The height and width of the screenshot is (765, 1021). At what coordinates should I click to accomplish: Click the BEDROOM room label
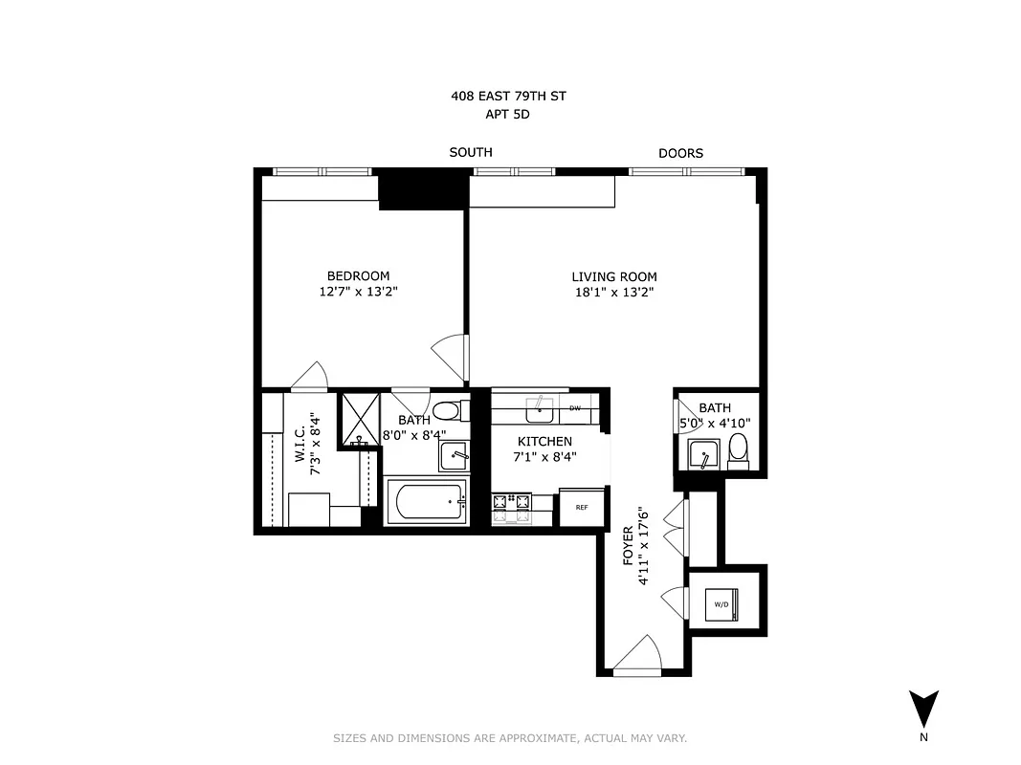click(357, 276)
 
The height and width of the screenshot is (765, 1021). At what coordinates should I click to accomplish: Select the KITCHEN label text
click(544, 441)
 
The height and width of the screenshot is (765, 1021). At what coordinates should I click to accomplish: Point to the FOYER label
click(628, 545)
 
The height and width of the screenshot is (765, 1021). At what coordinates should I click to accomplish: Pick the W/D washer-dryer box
click(722, 604)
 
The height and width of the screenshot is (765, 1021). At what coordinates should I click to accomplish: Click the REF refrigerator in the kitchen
click(581, 507)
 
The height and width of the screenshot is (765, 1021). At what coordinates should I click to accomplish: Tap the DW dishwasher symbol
click(575, 408)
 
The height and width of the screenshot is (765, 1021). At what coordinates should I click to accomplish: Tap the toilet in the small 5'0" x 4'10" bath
click(738, 449)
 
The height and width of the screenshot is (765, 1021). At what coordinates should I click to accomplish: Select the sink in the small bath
click(703, 453)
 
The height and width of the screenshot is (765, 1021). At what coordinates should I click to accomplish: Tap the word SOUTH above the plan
click(471, 152)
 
